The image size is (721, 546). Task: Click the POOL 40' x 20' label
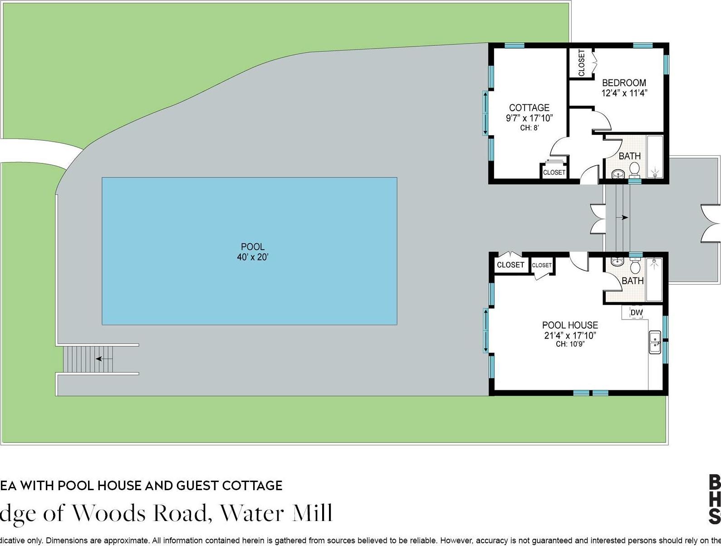pyautogui.click(x=253, y=252)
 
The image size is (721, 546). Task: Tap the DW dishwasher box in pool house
pyautogui.click(x=636, y=312)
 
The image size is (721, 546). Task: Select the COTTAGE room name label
pyautogui.click(x=529, y=108)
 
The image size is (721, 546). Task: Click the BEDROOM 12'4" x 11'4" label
pyautogui.click(x=624, y=88)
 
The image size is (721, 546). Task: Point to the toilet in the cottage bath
pyautogui.click(x=634, y=170)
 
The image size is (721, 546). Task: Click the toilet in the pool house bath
pyautogui.click(x=635, y=266)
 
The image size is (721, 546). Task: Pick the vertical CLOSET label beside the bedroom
pyautogui.click(x=582, y=63)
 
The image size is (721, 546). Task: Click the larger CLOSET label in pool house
pyautogui.click(x=510, y=265)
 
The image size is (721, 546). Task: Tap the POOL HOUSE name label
pyautogui.click(x=570, y=325)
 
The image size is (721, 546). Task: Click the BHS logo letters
pyautogui.click(x=714, y=499)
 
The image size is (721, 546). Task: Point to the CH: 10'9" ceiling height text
pyautogui.click(x=570, y=344)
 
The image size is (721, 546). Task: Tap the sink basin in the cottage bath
pyautogui.click(x=618, y=173)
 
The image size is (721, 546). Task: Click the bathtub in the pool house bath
pyautogui.click(x=654, y=279)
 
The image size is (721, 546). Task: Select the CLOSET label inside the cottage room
pyautogui.click(x=554, y=172)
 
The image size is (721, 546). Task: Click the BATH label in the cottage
pyautogui.click(x=629, y=156)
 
